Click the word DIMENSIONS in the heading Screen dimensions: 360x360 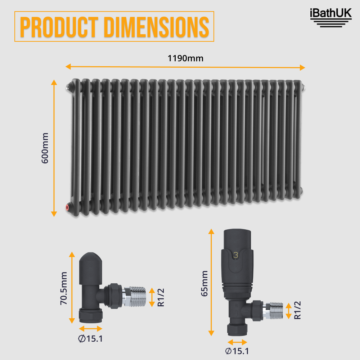[157, 27]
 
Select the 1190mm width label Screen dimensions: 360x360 [185, 58]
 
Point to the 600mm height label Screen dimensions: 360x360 [45, 148]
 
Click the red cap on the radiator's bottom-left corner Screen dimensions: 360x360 [68, 207]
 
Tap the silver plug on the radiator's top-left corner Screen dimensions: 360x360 [68, 86]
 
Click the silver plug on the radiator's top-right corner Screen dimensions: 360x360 [304, 86]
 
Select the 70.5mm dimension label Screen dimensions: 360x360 [64, 288]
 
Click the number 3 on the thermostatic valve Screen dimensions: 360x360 [236, 255]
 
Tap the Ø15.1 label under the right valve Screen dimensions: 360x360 [237, 351]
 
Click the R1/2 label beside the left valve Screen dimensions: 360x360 [161, 297]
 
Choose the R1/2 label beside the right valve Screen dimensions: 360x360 [297, 310]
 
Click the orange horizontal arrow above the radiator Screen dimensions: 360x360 [185, 67]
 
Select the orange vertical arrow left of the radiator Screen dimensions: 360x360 [54, 148]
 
